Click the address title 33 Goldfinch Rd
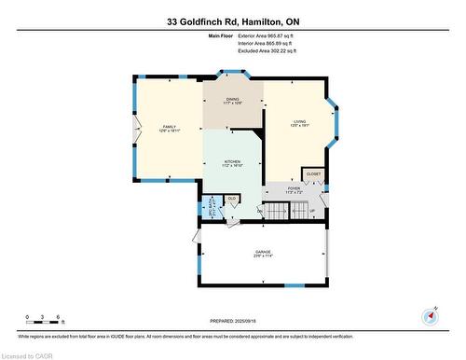233,21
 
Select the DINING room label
233,101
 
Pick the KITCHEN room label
233,163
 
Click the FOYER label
295,190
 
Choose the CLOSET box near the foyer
313,174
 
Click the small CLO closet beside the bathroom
232,199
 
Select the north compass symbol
429,315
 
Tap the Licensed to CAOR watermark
28,354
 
